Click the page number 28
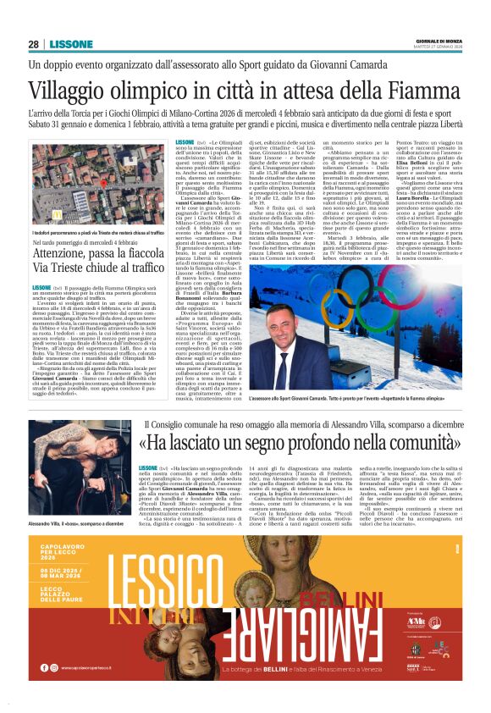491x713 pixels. tap(33, 44)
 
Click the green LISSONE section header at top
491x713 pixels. tap(66, 44)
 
